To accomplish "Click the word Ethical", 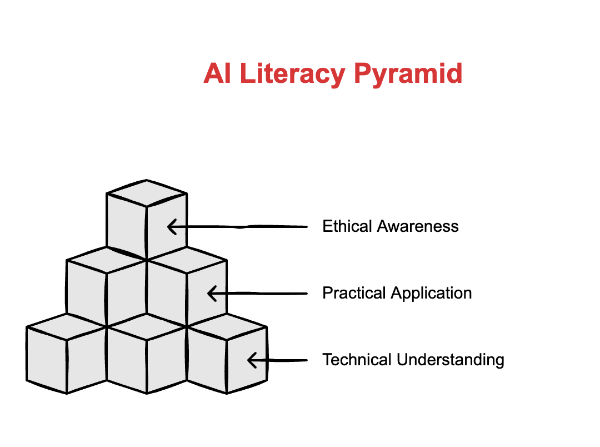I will tap(347, 226).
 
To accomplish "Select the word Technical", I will tap(357, 360).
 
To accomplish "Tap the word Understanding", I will tap(451, 360).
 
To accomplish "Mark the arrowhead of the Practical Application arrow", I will tap(211, 293).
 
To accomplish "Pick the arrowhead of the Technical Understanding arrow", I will tap(251, 360).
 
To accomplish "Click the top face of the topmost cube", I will tap(147, 193).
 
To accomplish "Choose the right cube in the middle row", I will tap(187, 289).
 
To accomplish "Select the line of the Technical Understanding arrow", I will tap(283, 360).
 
